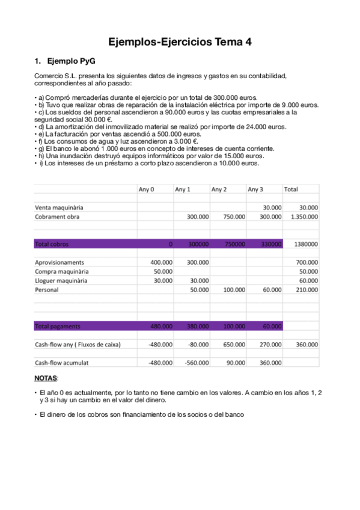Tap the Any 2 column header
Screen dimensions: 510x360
(x=219, y=189)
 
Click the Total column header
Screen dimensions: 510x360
(x=291, y=189)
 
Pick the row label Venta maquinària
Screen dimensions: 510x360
(x=59, y=207)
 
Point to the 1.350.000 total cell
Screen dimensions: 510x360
(x=304, y=217)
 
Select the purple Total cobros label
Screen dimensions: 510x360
(x=52, y=244)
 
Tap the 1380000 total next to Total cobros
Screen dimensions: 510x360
(x=304, y=244)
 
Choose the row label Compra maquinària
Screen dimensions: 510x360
(x=60, y=271)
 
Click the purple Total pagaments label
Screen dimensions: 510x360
(x=57, y=326)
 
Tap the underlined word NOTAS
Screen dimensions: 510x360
(x=46, y=378)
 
